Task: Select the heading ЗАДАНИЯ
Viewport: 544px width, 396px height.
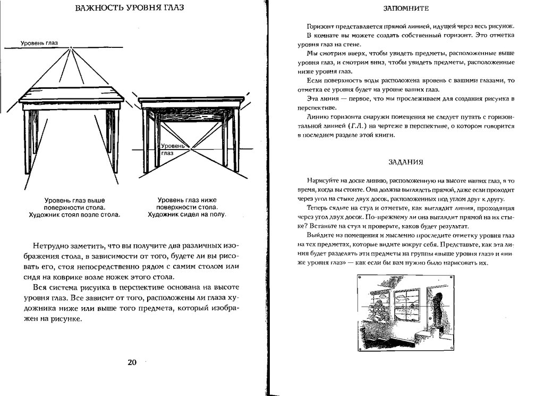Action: tap(404, 162)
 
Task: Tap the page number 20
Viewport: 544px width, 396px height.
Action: tap(132, 362)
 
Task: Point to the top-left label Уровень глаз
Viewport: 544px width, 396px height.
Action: tap(39, 43)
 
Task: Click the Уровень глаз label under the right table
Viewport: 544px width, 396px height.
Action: tap(172, 148)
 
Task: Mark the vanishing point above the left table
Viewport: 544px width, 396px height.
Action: tap(71, 48)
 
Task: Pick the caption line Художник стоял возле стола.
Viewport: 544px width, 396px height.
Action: tap(74, 214)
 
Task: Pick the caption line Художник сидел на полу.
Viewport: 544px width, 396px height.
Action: tap(186, 214)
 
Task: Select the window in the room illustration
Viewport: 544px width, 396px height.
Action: tap(406, 303)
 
